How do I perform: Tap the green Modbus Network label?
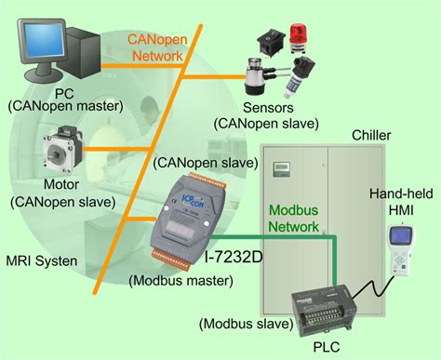(292, 218)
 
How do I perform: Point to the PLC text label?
(331, 349)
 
